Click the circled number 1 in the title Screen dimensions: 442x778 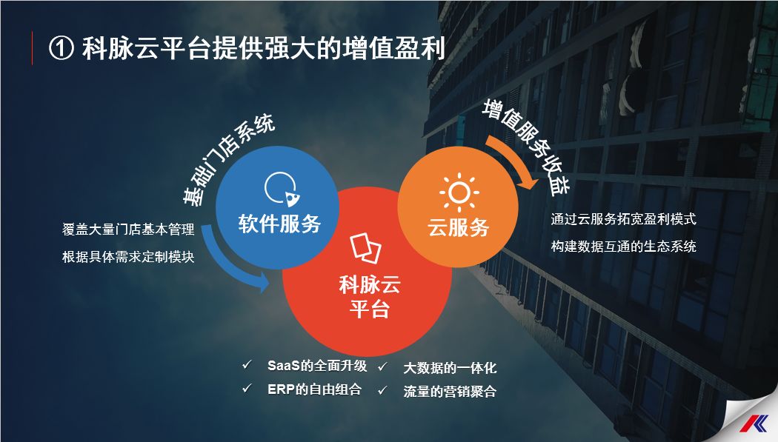coord(60,49)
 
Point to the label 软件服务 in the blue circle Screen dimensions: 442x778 coord(279,223)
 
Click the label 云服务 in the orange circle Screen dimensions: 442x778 coord(459,227)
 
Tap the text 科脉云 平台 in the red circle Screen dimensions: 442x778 coord(369,295)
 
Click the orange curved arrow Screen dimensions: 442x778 coord(514,158)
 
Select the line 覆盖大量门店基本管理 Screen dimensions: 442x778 coord(128,230)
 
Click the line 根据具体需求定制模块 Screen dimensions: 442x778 coord(128,257)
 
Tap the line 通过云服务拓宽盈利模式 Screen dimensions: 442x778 coord(624,219)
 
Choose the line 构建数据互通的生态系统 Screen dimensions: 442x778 coord(624,247)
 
